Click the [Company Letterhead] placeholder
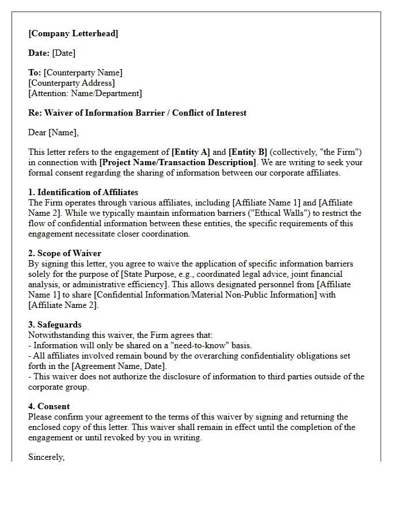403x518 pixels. pyautogui.click(x=73, y=33)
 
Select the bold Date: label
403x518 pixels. pyautogui.click(x=39, y=53)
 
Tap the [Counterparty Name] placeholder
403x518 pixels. pyautogui.click(x=83, y=73)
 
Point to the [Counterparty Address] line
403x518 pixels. pyautogui.click(x=71, y=83)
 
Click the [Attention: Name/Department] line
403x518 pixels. pyautogui.click(x=85, y=93)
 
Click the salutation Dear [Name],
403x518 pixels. pyautogui.click(x=54, y=132)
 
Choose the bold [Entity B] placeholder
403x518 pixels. pyautogui.click(x=248, y=152)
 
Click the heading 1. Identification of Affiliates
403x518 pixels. pyautogui.click(x=83, y=192)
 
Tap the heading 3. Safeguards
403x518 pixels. pyautogui.click(x=55, y=325)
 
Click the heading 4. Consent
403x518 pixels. pyautogui.click(x=49, y=406)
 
